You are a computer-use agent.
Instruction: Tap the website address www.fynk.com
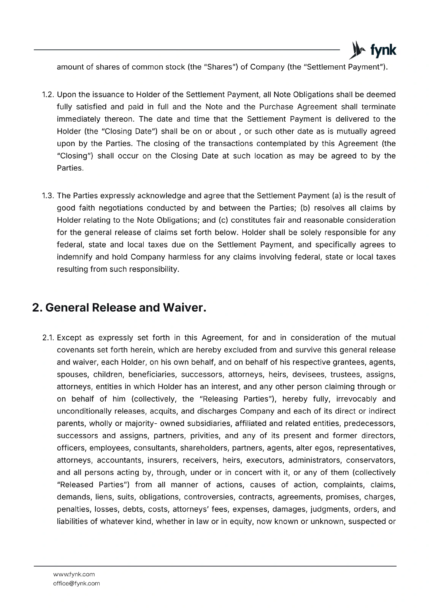[74, 574]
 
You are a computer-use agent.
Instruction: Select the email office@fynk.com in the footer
[76, 583]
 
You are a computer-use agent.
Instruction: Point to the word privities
[205, 435]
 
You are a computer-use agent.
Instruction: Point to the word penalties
[73, 509]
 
